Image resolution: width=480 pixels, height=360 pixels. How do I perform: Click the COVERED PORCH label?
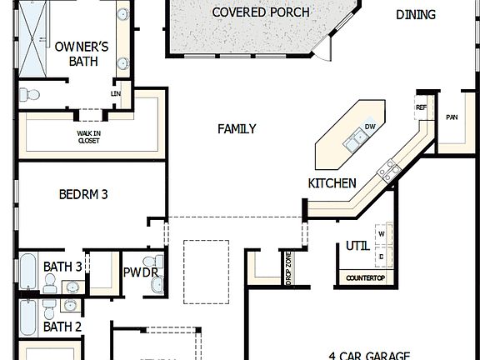[260, 12]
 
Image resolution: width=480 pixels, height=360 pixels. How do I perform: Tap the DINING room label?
[415, 14]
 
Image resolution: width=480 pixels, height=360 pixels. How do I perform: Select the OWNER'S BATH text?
[82, 54]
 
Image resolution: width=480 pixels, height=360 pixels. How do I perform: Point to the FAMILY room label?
[237, 129]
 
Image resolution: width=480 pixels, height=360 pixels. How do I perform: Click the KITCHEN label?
[332, 183]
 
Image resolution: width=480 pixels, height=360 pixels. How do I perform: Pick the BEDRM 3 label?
[83, 195]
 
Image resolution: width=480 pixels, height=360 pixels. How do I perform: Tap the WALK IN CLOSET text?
[88, 137]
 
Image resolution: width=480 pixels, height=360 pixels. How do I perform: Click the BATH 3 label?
[62, 267]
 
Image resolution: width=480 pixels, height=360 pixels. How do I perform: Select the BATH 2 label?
[62, 327]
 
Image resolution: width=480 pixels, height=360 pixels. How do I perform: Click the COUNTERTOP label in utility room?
[365, 277]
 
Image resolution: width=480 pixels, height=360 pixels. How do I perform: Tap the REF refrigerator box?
[421, 107]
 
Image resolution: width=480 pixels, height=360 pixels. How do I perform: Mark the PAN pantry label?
[452, 117]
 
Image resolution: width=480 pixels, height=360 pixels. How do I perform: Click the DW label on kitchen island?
[370, 127]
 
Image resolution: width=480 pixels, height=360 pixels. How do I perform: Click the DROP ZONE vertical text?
[288, 269]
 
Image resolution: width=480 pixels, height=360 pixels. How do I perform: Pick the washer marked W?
[382, 234]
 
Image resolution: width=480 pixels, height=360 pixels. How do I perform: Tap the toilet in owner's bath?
[29, 95]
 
